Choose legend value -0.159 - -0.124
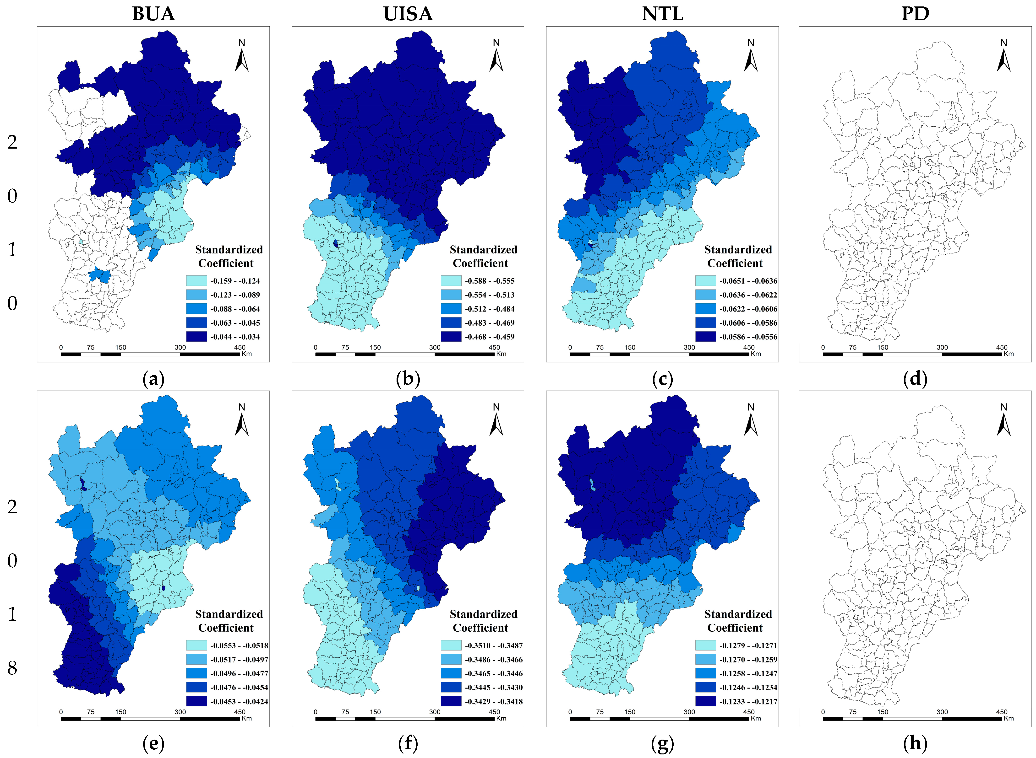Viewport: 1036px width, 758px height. pyautogui.click(x=235, y=281)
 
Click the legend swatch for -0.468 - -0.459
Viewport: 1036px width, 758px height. pyautogui.click(x=451, y=337)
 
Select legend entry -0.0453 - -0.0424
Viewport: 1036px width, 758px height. pyautogui.click(x=239, y=701)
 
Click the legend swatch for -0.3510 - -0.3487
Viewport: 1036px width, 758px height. pyautogui.click(x=451, y=645)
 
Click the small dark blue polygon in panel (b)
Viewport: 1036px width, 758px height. pyautogui.click(x=336, y=244)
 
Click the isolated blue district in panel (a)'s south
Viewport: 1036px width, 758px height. pyautogui.click(x=100, y=276)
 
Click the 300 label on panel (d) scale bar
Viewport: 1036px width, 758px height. pyautogui.click(x=942, y=347)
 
